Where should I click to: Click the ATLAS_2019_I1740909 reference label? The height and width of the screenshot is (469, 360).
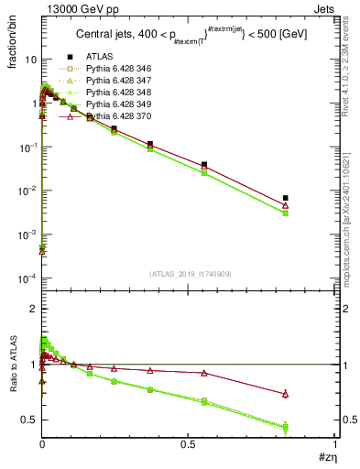[189, 274]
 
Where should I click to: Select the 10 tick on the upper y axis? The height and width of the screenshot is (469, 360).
[31, 59]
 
